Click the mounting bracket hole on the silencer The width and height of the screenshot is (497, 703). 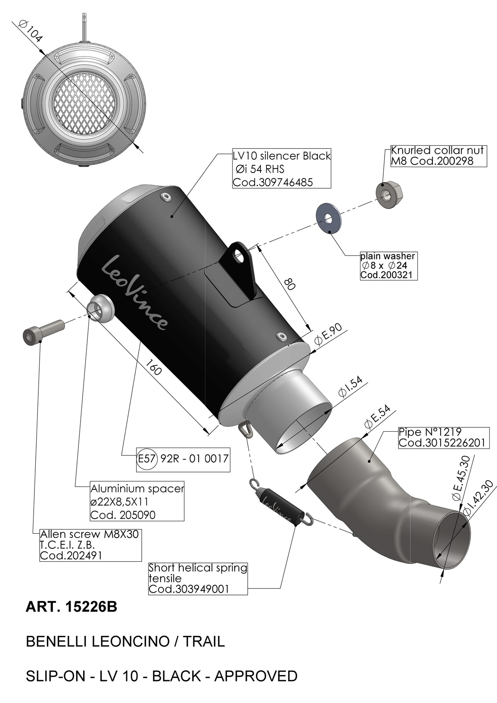click(x=239, y=256)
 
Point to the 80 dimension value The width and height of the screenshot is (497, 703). click(x=289, y=284)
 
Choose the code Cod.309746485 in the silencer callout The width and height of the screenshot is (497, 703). click(x=273, y=182)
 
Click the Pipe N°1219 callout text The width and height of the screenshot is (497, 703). click(x=430, y=432)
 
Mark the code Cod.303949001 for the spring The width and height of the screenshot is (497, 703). click(x=189, y=589)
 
